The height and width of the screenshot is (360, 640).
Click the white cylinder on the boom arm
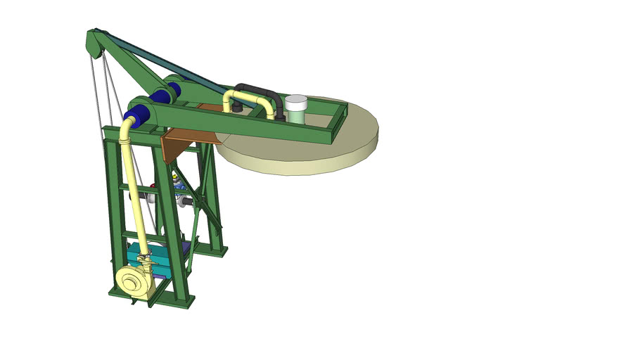coord(296,103)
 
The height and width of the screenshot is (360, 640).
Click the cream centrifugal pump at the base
coord(132,282)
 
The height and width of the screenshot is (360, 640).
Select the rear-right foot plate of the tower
coord(217,251)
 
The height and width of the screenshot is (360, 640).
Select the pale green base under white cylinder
coord(296,115)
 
